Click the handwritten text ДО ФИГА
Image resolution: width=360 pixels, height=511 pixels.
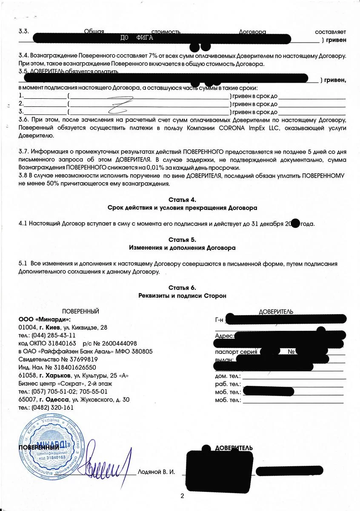point(137,38)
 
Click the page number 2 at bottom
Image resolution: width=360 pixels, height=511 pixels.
point(182,496)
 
